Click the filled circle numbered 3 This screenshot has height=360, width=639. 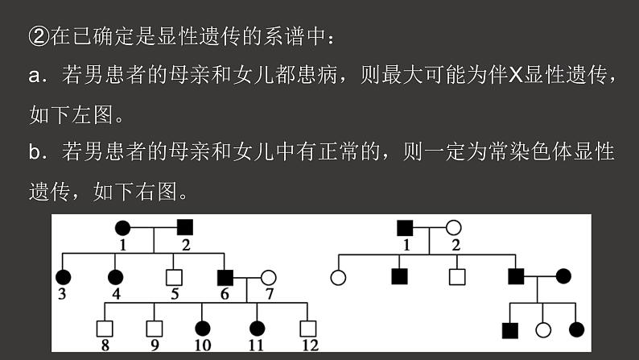click(x=64, y=277)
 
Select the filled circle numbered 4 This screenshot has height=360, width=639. click(x=117, y=277)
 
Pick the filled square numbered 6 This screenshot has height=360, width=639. click(x=226, y=277)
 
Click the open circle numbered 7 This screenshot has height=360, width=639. click(x=269, y=277)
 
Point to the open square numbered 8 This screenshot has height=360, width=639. click(x=103, y=329)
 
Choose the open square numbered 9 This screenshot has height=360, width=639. click(x=154, y=329)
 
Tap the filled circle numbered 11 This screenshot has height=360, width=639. click(x=257, y=329)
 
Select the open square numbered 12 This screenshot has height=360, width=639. click(x=307, y=329)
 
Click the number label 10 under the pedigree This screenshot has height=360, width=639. click(x=204, y=346)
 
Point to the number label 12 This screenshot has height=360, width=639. click(x=308, y=346)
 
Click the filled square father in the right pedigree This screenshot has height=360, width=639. click(x=406, y=227)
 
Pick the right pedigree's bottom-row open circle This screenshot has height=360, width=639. click(x=543, y=329)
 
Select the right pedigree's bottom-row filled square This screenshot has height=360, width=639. click(x=509, y=329)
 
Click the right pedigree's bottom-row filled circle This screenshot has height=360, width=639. click(x=576, y=329)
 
